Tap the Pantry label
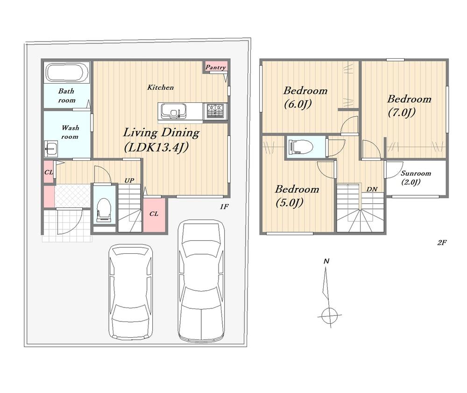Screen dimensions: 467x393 [216, 67]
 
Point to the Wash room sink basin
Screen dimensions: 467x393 [51, 149]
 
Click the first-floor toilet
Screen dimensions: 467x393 [103, 210]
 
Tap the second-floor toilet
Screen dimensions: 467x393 [300, 146]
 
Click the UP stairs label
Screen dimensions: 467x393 [129, 180]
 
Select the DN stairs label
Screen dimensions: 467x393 [372, 189]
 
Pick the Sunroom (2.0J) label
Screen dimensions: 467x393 [416, 177]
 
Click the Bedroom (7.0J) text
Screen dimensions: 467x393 [409, 106]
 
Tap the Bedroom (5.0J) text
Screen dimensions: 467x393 [297, 196]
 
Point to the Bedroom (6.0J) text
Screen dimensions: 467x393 [305, 97]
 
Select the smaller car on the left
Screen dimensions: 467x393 [131, 292]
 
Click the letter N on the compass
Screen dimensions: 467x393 [326, 261]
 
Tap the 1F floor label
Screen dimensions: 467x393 [224, 207]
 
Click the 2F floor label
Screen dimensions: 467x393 [442, 243]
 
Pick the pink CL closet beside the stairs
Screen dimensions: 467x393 [154, 214]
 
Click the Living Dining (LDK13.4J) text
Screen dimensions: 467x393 [161, 139]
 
